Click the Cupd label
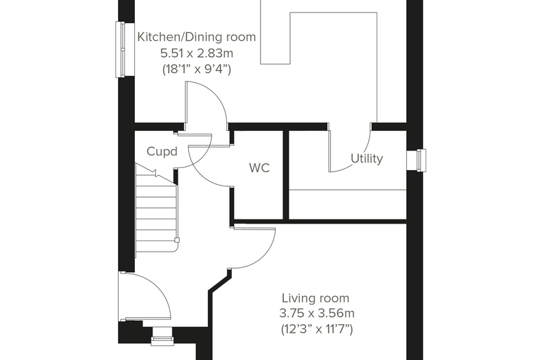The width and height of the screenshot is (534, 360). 162,151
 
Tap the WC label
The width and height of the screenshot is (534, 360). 259,168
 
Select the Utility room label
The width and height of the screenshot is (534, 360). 367,158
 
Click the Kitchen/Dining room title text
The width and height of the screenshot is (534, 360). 197,37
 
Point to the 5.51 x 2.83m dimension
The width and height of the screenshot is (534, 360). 197,53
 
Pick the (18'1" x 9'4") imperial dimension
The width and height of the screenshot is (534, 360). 197,70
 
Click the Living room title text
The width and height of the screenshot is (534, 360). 315,298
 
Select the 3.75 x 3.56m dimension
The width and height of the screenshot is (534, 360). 317,313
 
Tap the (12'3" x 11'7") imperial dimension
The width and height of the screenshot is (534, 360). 317,329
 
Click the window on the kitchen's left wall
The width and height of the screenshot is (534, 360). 120,49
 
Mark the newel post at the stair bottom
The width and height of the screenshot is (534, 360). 177,240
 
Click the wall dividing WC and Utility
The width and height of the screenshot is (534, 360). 286,174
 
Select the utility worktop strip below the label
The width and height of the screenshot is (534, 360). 348,205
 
